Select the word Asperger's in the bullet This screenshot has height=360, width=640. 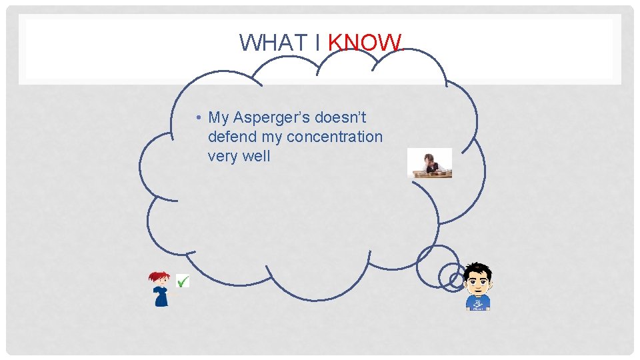pos(272,118)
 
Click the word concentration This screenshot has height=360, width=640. pos(335,137)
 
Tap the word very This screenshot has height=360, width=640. pos(222,157)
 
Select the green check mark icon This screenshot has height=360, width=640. pos(182,281)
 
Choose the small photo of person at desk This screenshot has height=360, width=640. pos(430,163)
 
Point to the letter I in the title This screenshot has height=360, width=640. pos(315,43)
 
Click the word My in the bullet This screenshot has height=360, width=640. pos(219,118)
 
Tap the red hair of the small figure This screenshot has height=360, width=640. pos(159,276)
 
